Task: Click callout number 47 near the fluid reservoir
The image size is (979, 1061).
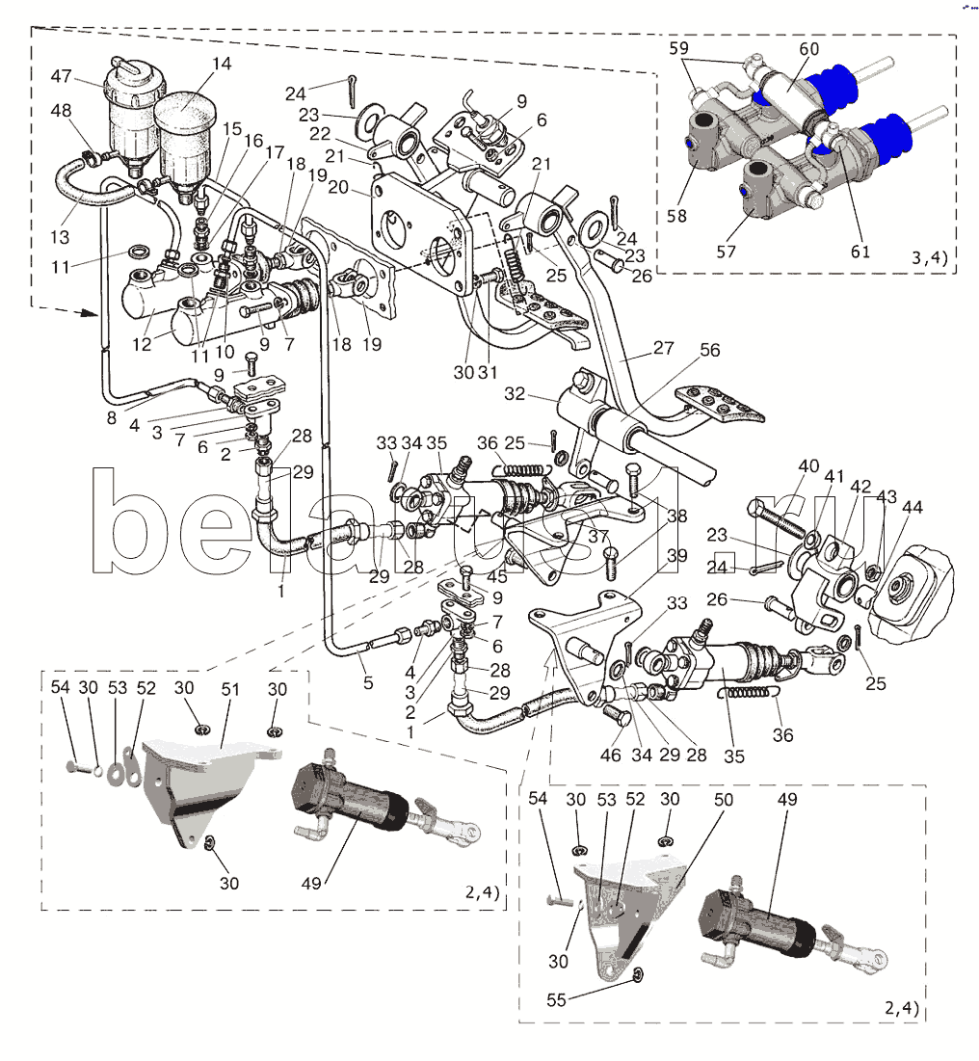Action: (x=61, y=76)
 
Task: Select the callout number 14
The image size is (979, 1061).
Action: (x=222, y=64)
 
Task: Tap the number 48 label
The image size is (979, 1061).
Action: (x=61, y=110)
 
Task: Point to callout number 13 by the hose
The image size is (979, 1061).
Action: (x=60, y=237)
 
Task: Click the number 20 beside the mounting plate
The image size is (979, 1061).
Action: (x=337, y=186)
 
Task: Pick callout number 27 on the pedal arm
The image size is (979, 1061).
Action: (x=663, y=348)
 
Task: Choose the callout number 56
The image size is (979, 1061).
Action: (x=710, y=350)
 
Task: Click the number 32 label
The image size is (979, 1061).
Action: (x=515, y=394)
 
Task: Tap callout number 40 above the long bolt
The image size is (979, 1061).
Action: (x=808, y=466)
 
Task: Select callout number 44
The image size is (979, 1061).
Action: (x=912, y=507)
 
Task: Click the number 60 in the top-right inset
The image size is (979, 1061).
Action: (x=808, y=49)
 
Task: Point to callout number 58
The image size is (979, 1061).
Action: (x=676, y=216)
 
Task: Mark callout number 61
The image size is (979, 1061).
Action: (x=860, y=252)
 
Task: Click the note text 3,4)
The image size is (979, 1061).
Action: (x=930, y=258)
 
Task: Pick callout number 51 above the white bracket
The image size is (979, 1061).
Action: (x=230, y=690)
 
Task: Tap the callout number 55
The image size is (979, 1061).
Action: (x=556, y=999)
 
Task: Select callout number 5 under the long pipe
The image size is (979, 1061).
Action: (x=368, y=682)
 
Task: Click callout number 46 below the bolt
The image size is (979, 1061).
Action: (x=610, y=755)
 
